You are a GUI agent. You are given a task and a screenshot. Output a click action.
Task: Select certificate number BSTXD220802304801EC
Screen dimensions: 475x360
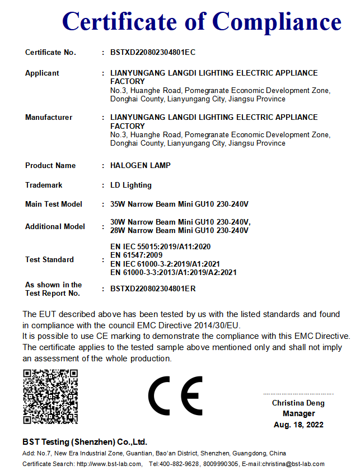[x=153, y=53]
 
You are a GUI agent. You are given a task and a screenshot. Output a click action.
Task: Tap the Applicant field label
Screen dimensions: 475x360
[x=42, y=73]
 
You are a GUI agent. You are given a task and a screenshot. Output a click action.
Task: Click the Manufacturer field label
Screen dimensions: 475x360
[x=49, y=118]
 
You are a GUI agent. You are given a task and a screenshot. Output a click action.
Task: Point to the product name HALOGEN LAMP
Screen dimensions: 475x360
[x=141, y=166]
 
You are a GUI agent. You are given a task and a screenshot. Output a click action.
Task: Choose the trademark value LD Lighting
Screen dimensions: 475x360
[x=131, y=185]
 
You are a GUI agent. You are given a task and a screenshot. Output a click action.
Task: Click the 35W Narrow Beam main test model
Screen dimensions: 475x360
[x=179, y=204]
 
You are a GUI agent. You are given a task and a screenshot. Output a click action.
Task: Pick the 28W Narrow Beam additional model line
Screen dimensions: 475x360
[x=179, y=230]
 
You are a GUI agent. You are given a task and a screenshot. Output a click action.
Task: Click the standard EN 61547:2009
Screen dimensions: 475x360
[x=137, y=255]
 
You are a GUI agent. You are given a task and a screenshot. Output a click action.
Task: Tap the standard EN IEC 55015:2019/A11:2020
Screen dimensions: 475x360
[x=161, y=246]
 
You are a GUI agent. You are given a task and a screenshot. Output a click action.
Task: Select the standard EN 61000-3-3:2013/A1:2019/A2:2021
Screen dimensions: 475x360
[x=174, y=273]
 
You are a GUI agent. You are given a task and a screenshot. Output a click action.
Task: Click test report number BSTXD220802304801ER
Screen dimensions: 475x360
[x=153, y=289]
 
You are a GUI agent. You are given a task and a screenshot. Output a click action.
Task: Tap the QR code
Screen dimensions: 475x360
[x=50, y=397]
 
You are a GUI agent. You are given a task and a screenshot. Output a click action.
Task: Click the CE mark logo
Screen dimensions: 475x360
[x=176, y=395]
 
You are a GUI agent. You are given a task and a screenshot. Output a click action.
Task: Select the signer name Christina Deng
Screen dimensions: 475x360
[x=298, y=403]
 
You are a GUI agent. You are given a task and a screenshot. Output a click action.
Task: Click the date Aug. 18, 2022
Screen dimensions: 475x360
[x=298, y=425]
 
